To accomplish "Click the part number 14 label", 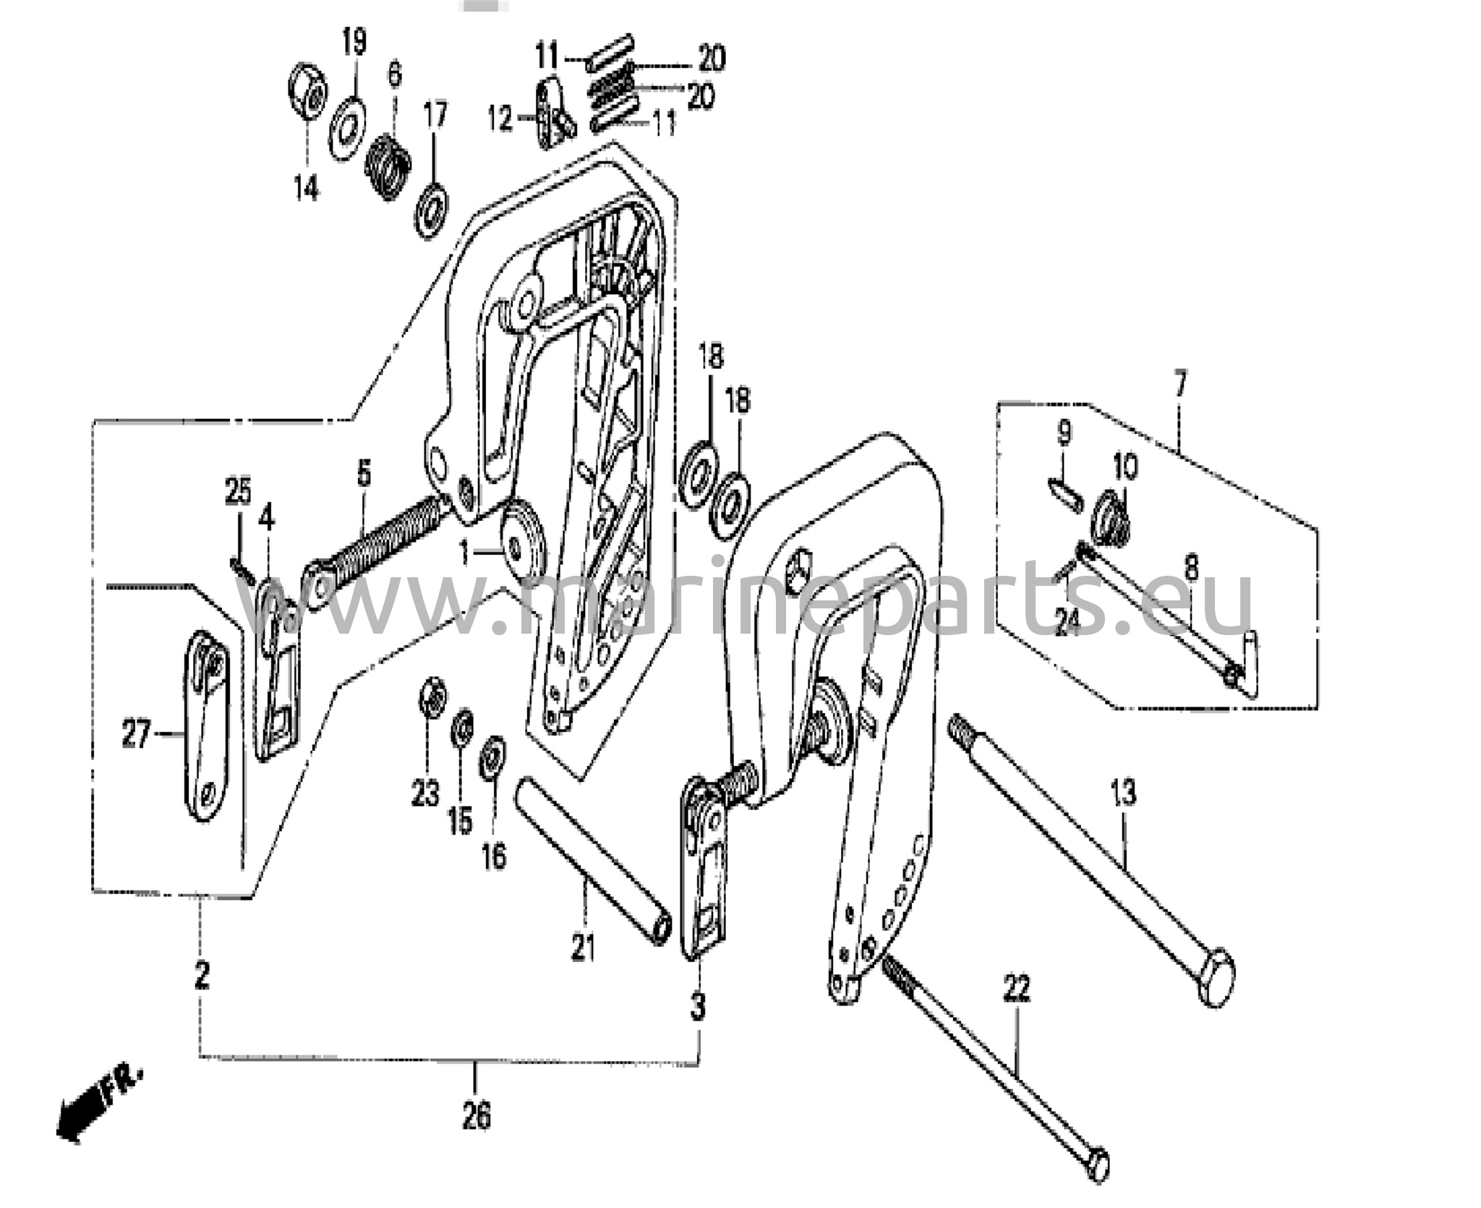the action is pos(306,190).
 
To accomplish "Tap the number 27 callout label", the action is pos(135,737).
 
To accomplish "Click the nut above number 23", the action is pos(432,699).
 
